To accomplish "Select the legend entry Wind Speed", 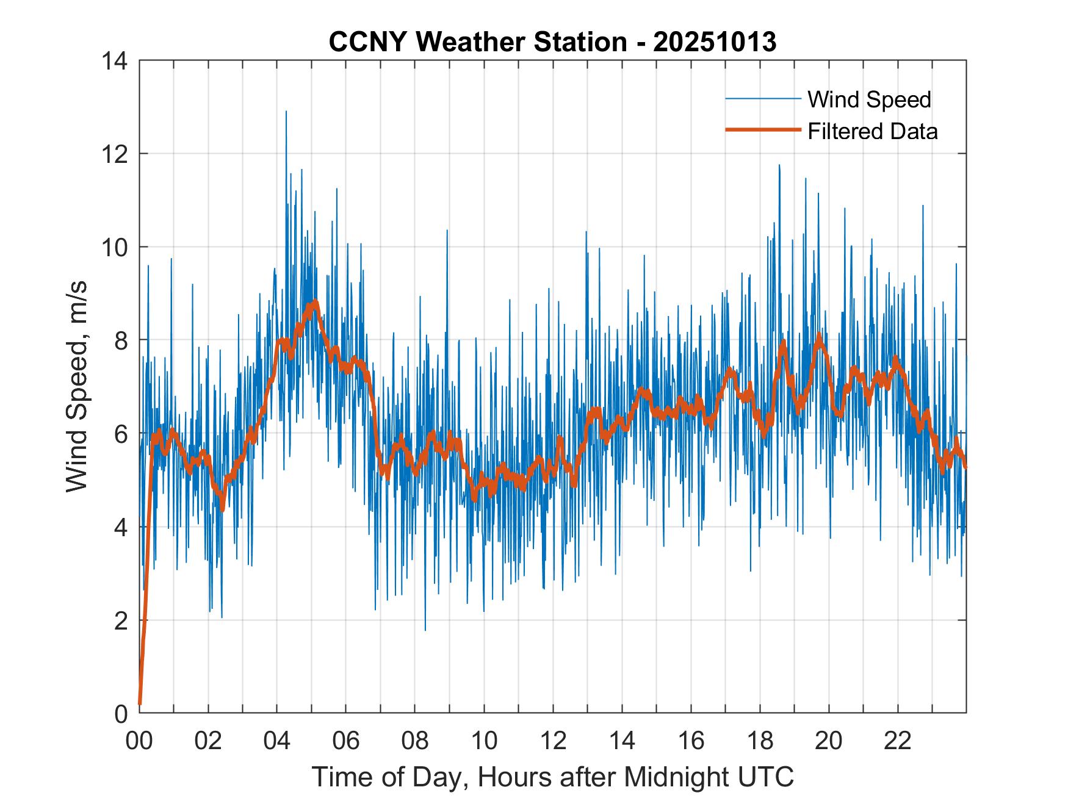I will tap(869, 99).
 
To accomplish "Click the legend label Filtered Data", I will tap(872, 131).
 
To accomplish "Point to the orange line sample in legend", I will tap(762, 130).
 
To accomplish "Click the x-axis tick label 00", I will tap(139, 741).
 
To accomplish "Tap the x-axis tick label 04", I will tap(277, 741).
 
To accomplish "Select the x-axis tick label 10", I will tap(484, 741).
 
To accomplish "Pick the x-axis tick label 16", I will tap(691, 741).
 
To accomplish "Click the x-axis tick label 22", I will tap(898, 741).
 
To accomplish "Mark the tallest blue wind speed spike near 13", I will tap(286, 112).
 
